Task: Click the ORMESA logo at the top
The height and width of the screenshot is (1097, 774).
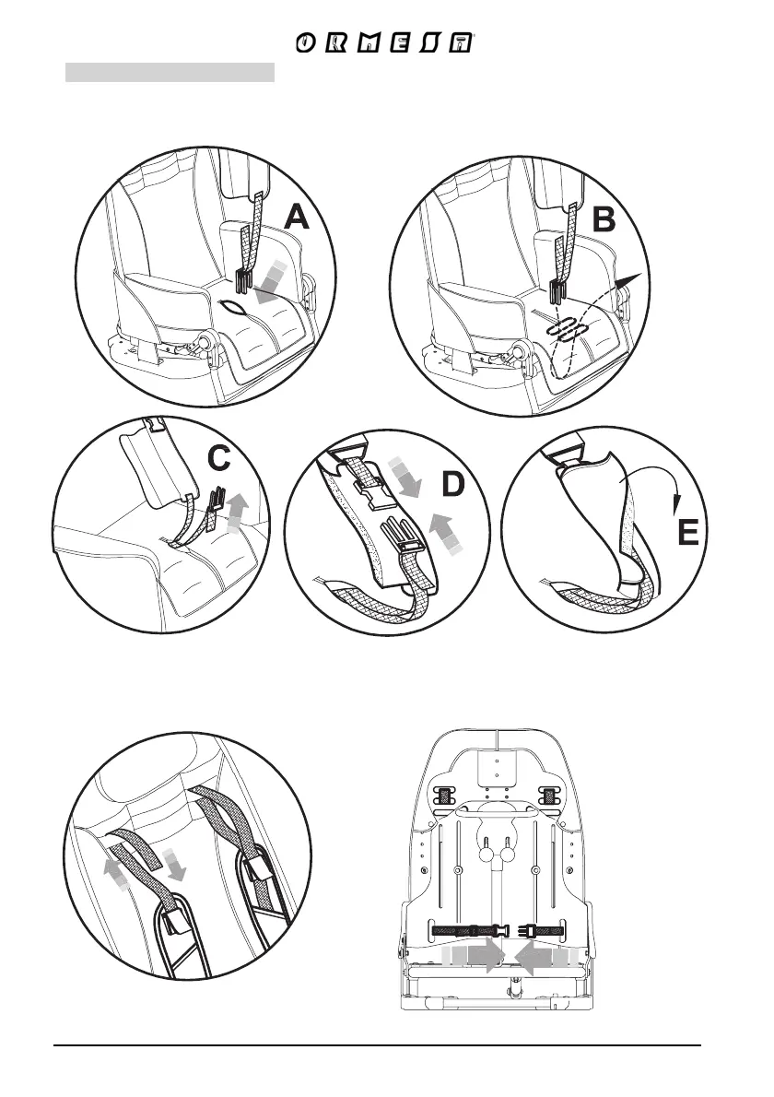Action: (x=386, y=43)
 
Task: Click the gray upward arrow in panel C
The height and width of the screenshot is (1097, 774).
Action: (x=238, y=510)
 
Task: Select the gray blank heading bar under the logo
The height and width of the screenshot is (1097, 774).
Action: (x=170, y=72)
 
